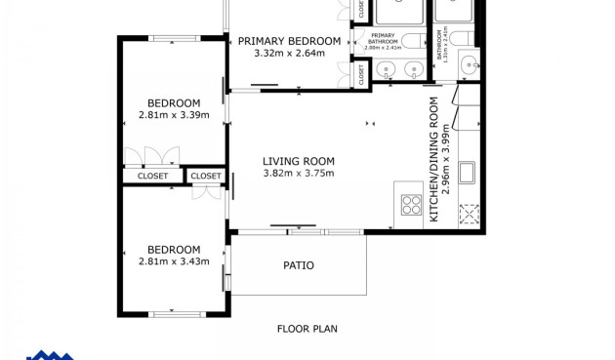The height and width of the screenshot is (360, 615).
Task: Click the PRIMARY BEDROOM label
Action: tap(289, 41)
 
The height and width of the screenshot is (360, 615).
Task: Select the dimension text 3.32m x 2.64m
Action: tap(289, 53)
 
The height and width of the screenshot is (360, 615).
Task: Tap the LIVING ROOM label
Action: tap(299, 162)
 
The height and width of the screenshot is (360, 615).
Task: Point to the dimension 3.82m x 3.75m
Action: tap(299, 174)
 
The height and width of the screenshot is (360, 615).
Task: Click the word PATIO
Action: tap(299, 265)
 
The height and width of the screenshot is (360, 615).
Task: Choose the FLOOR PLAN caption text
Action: tap(307, 329)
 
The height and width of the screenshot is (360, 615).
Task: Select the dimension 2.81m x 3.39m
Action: tap(174, 115)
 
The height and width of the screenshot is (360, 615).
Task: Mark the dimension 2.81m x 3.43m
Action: tap(174, 261)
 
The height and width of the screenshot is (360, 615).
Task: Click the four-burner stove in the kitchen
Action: tap(411, 206)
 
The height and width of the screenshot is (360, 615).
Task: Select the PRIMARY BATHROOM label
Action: tap(383, 38)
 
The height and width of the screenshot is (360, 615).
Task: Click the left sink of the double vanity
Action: tap(385, 69)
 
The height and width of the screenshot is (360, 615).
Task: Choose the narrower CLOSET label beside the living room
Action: tap(206, 177)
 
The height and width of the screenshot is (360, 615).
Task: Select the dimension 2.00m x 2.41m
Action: tap(383, 47)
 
